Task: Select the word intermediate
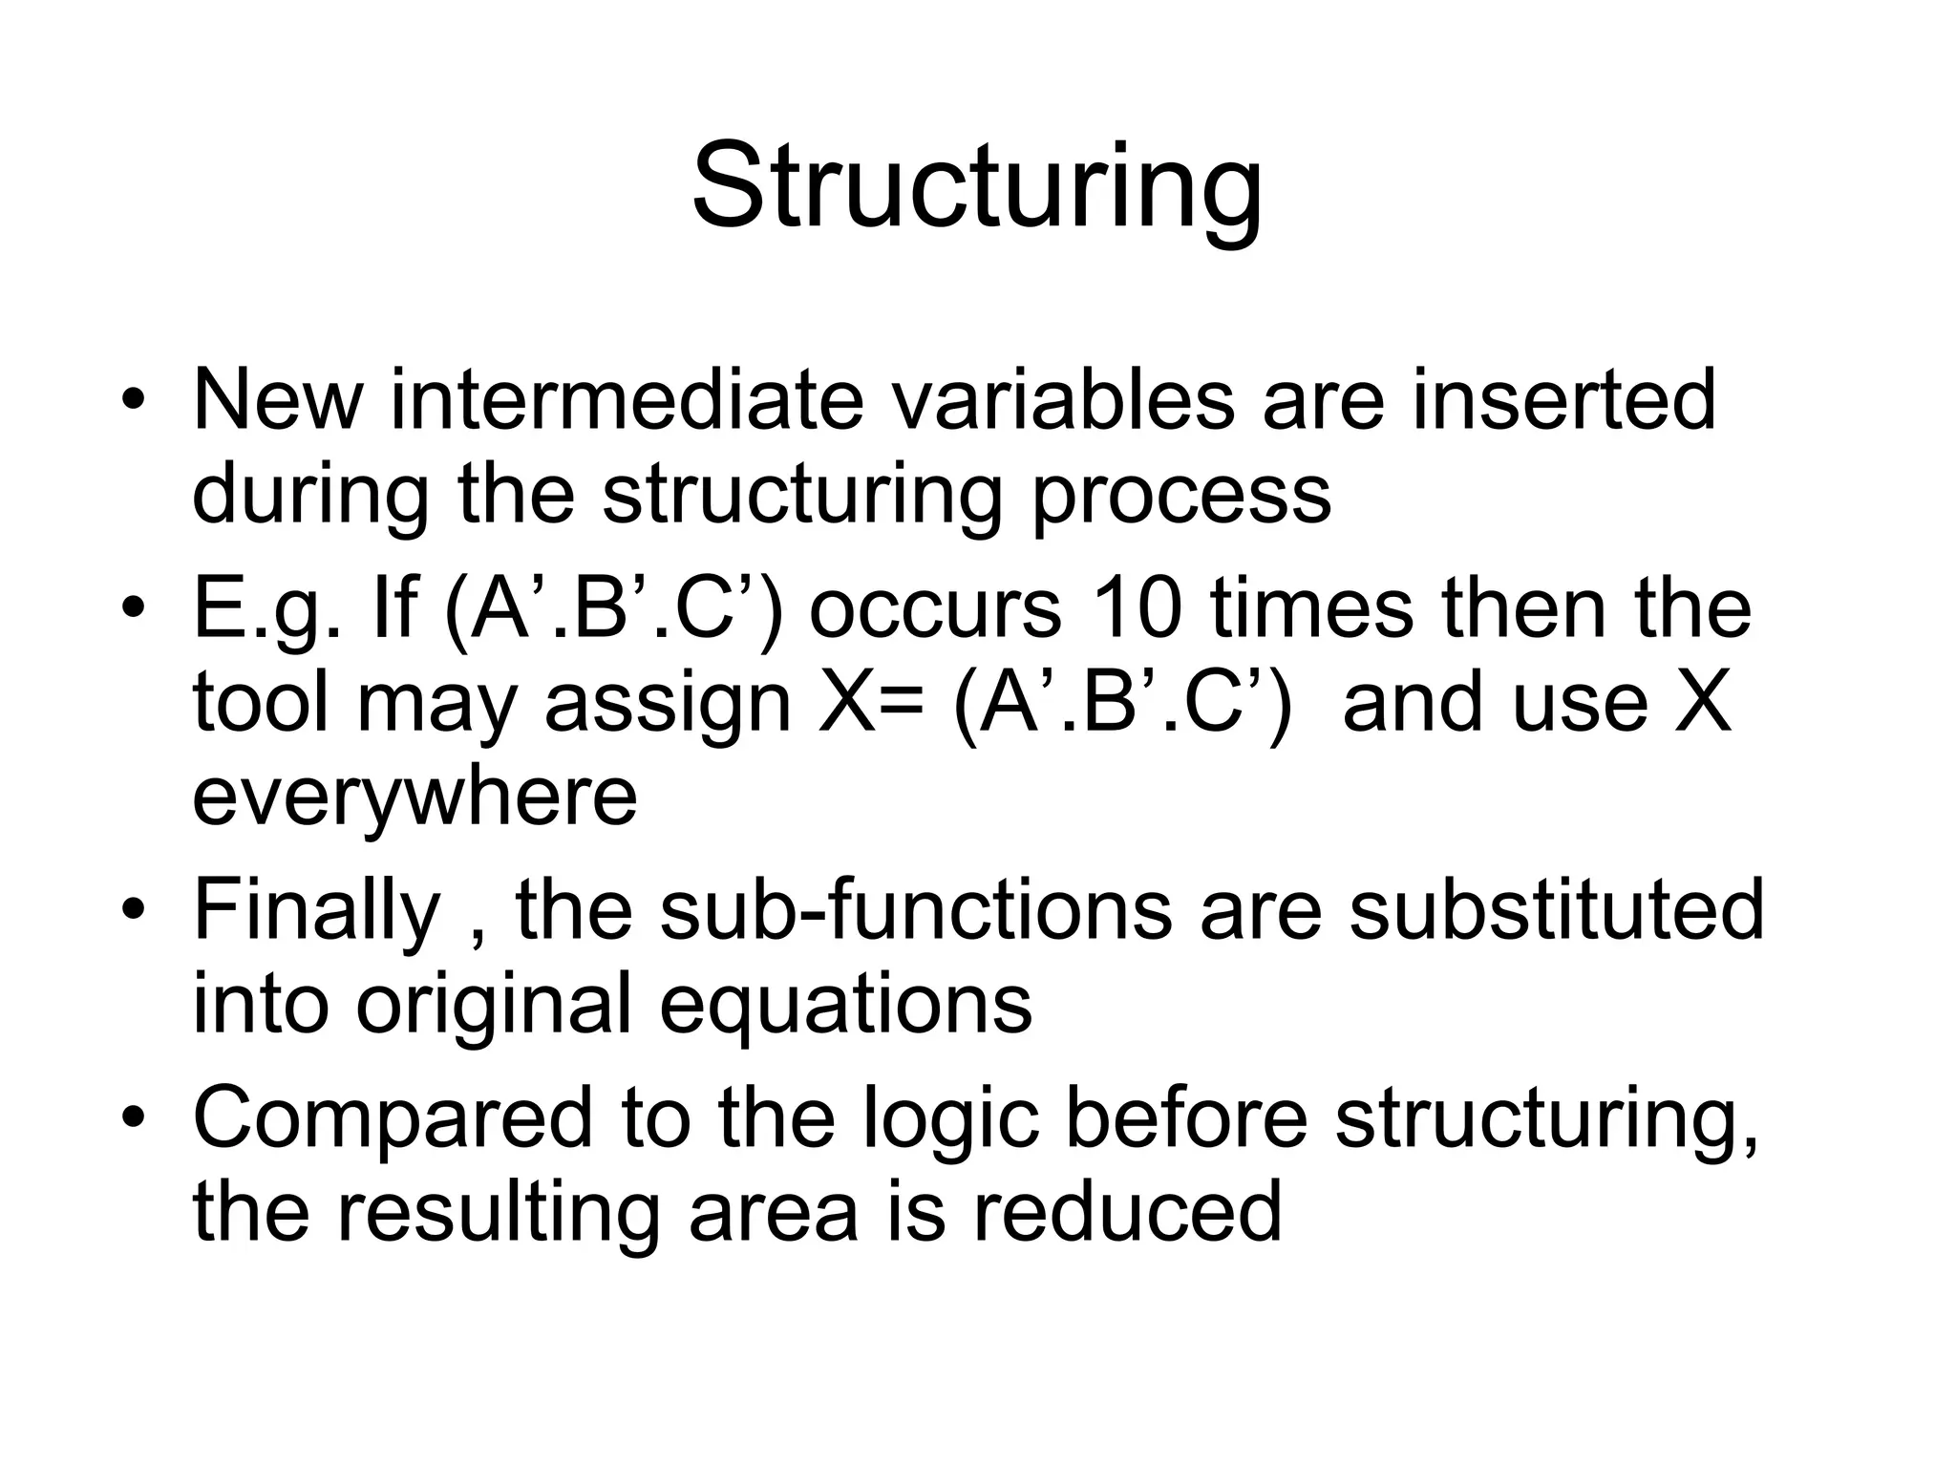tap(627, 400)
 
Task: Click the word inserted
tap(1563, 400)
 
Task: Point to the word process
tap(1181, 497)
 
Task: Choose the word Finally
tap(316, 913)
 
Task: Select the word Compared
tap(393, 1119)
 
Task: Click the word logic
tap(950, 1119)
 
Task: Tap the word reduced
tap(1127, 1211)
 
